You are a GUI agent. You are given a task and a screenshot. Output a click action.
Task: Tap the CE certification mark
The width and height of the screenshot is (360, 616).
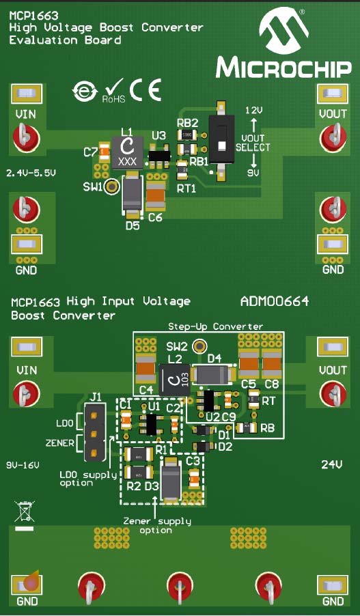(145, 90)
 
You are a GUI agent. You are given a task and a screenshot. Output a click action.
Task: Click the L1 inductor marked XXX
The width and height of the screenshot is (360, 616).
(126, 152)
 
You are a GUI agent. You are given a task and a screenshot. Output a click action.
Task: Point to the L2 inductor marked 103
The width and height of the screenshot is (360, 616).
(174, 380)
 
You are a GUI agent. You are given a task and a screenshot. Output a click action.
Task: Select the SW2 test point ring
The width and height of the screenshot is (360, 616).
(199, 347)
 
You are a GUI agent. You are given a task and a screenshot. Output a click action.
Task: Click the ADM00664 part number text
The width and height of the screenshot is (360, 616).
(275, 301)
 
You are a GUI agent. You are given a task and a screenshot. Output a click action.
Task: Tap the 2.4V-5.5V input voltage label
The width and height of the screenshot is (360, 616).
(30, 173)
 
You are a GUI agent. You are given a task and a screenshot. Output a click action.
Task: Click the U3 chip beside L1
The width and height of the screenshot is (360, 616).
(159, 156)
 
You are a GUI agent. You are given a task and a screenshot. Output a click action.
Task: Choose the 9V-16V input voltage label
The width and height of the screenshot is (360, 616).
(25, 464)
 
